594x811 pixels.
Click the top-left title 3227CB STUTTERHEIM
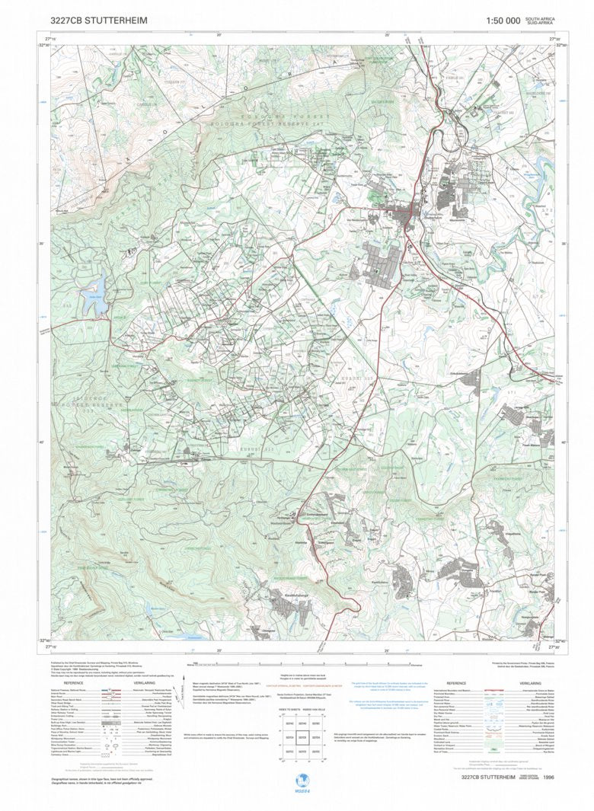pyautogui.click(x=99, y=21)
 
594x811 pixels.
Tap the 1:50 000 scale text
pyautogui.click(x=503, y=21)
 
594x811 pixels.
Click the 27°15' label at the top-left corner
pyautogui.click(x=51, y=37)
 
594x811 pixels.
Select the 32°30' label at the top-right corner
pyautogui.click(x=562, y=46)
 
